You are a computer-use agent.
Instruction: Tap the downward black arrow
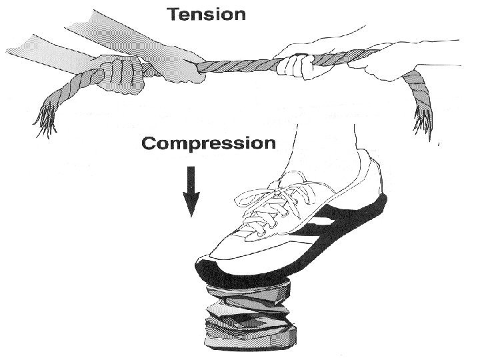point(191,193)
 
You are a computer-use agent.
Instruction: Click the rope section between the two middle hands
point(240,65)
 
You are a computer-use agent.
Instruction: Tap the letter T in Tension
point(174,13)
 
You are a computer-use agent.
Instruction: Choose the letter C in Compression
point(149,143)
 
